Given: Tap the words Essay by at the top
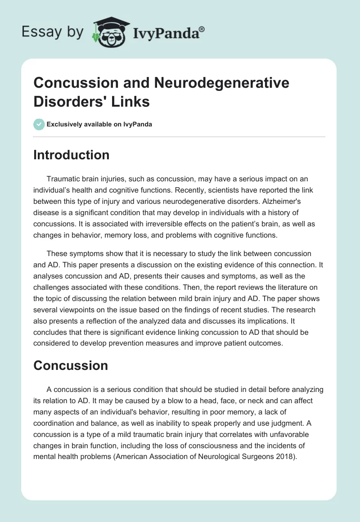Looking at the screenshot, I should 53,32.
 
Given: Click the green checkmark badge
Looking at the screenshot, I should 39,124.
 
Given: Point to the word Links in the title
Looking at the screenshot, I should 131,101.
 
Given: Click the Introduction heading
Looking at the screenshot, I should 71,155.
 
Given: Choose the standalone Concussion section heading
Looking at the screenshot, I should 71,365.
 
